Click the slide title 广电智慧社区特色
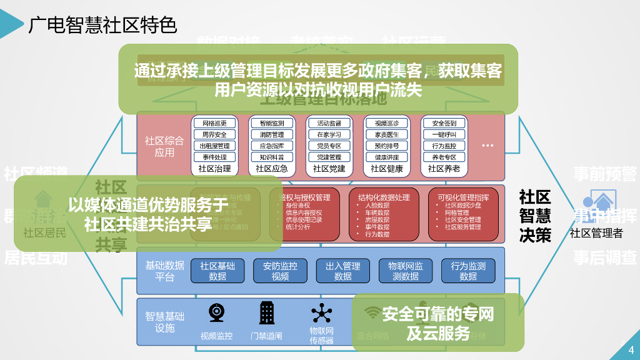click(102, 25)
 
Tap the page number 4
click(631, 349)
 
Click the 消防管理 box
click(271, 134)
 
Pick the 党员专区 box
click(329, 146)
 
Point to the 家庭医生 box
click(386, 134)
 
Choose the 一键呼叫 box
click(444, 134)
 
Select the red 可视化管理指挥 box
click(464, 214)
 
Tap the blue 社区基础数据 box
click(217, 271)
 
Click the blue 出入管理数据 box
click(342, 271)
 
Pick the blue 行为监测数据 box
click(468, 271)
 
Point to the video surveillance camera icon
click(217, 312)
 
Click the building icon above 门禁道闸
click(267, 312)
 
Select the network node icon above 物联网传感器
click(322, 312)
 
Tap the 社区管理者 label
click(596, 234)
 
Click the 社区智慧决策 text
click(535, 216)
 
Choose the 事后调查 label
click(605, 257)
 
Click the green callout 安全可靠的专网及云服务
click(437, 322)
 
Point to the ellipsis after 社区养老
click(487, 146)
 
